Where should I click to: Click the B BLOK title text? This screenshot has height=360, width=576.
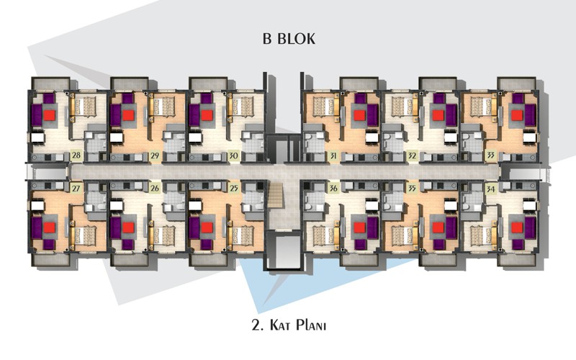coord(289,39)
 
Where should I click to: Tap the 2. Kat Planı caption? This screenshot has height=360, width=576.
coord(289,325)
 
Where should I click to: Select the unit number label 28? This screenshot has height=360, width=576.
coord(76,156)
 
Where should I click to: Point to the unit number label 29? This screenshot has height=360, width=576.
coord(155,156)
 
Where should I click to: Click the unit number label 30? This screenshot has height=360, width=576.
coord(233,156)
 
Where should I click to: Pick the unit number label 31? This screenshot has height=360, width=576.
coord(333,156)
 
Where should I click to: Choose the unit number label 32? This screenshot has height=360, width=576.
coord(412,156)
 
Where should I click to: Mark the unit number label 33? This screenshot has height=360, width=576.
coord(490,156)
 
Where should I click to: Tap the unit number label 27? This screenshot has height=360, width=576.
coord(76,189)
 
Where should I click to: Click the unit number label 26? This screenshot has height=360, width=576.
coord(155,189)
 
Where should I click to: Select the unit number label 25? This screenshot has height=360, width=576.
coord(233,189)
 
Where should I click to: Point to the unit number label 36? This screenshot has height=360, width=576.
coord(333,189)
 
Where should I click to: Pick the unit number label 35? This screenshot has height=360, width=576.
coord(412,189)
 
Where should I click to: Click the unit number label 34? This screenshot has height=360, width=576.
coord(490,189)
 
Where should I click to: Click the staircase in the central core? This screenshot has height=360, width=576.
coord(276,196)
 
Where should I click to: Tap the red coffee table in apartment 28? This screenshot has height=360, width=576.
coord(50,115)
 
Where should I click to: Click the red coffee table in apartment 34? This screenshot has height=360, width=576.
coord(517,228)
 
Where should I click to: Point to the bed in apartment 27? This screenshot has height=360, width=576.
coord(84,235)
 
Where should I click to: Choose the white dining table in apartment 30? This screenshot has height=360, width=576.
coord(195,138)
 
